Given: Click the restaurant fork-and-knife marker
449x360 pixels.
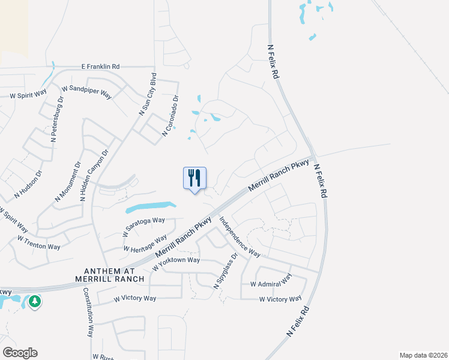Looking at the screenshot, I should coord(194,179).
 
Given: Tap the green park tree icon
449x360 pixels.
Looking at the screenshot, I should coord(35,301).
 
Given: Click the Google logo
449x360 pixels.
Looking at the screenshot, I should coord(20,353).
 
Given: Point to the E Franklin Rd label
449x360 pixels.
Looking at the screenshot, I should coord(109,67).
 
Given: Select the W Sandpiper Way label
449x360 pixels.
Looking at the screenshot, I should coord(87,91).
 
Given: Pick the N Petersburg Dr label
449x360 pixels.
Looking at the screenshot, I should coord(57,123).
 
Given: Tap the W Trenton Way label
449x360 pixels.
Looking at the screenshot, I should coord(39,243).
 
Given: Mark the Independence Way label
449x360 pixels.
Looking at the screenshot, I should coord(238,236).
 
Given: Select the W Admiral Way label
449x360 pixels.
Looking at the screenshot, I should coord(271,280).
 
